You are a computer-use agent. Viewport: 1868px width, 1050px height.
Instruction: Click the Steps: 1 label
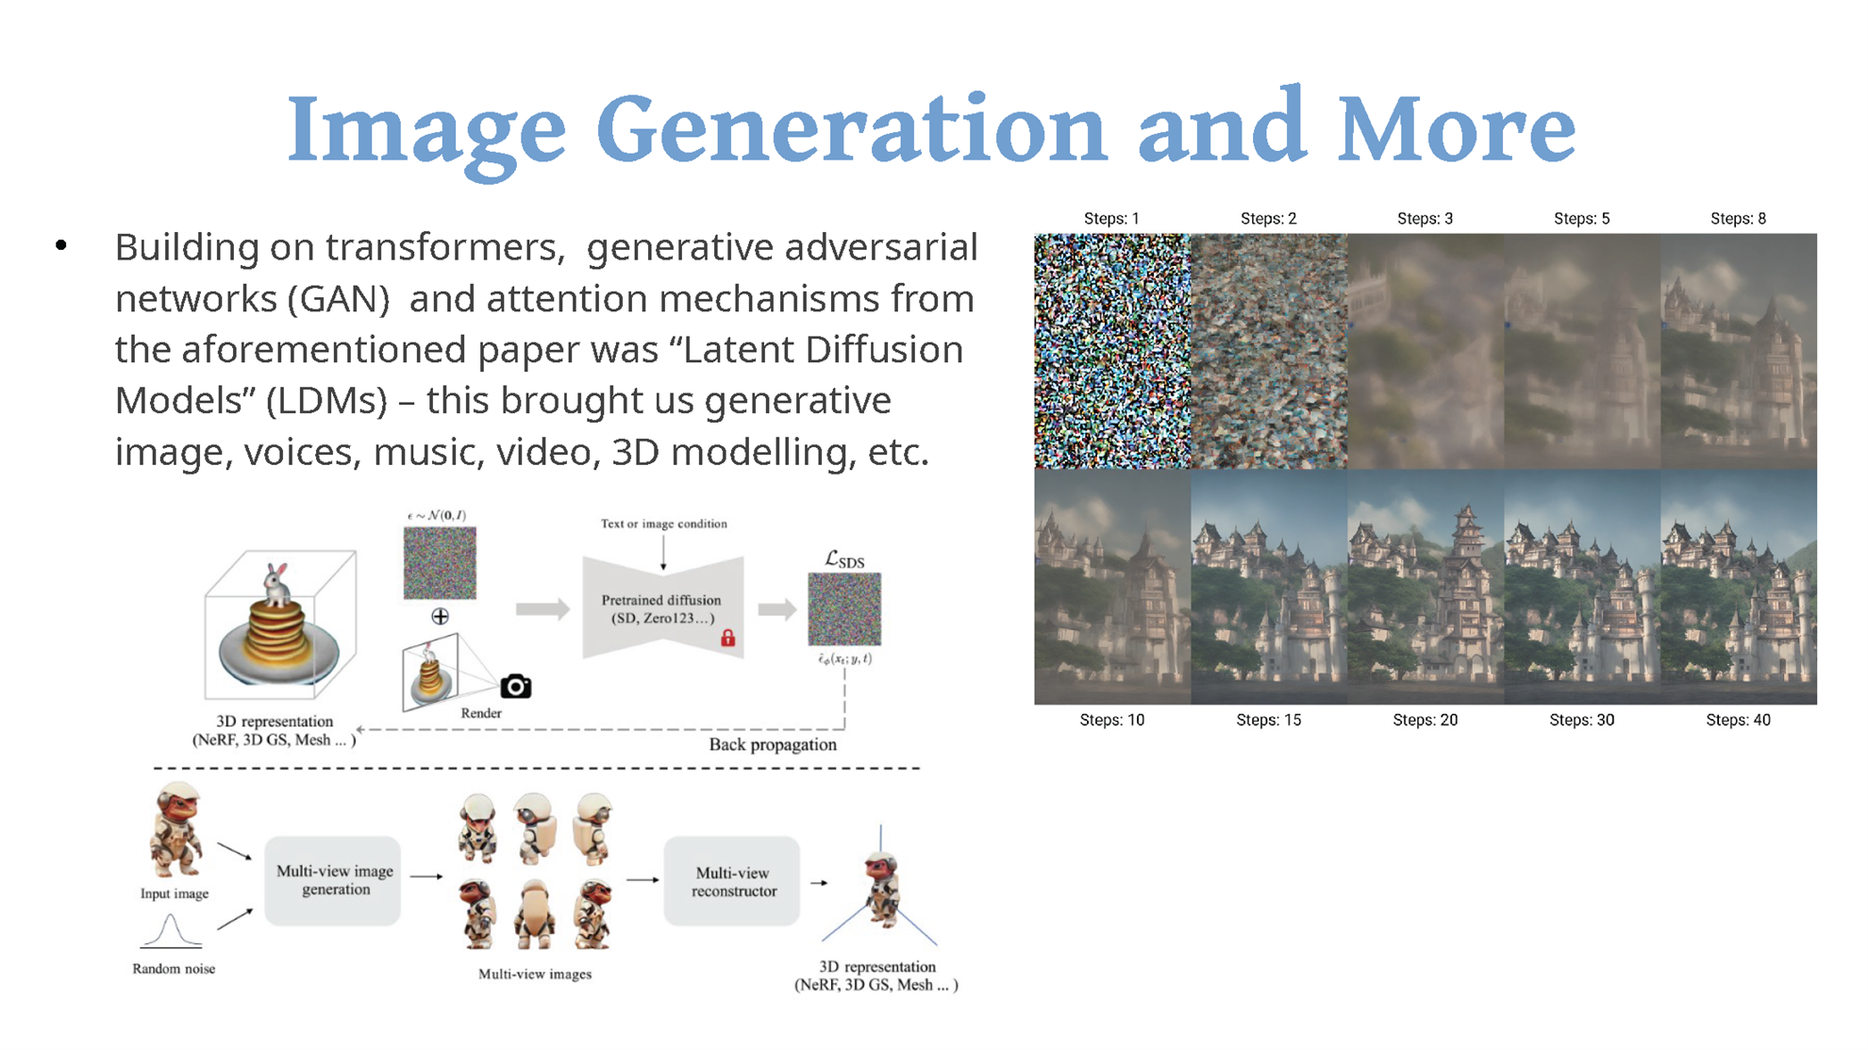click(x=1111, y=219)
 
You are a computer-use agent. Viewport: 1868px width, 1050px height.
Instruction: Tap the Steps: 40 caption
click(x=1738, y=720)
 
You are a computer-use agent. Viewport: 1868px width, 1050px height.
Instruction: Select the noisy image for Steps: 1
click(x=1112, y=351)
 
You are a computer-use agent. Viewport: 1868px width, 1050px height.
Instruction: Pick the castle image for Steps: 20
click(x=1426, y=587)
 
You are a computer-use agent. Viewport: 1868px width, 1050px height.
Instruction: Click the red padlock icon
click(x=727, y=638)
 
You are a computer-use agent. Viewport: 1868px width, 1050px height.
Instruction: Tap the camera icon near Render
click(x=516, y=686)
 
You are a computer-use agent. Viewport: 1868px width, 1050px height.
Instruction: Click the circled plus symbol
click(x=440, y=616)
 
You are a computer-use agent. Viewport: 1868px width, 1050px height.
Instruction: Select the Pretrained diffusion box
click(x=663, y=608)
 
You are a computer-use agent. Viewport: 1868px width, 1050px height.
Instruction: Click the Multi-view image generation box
click(x=333, y=880)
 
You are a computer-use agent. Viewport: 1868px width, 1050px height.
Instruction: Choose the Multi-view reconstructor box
click(x=732, y=881)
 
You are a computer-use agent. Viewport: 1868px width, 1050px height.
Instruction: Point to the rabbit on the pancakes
click(x=275, y=584)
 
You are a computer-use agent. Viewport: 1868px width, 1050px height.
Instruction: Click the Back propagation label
click(x=773, y=744)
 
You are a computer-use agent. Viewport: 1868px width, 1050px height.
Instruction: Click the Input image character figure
click(x=175, y=830)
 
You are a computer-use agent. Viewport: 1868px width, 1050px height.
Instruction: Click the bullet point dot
click(x=61, y=246)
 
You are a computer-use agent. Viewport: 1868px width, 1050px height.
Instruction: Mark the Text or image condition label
click(x=664, y=524)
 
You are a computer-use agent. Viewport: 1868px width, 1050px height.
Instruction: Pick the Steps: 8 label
click(x=1738, y=219)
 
